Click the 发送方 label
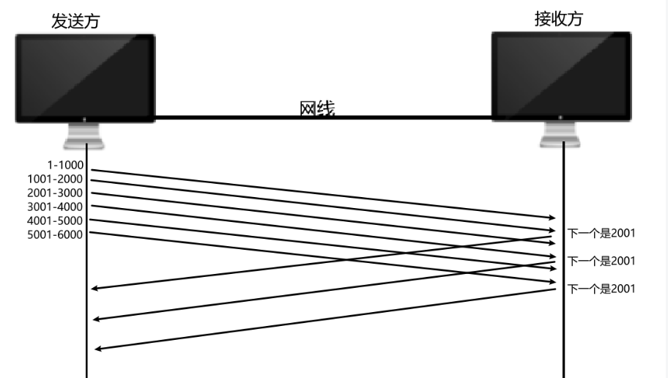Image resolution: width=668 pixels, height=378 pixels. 75,22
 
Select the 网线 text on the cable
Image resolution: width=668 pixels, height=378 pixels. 316,109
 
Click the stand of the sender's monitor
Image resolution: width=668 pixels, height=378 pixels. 84,136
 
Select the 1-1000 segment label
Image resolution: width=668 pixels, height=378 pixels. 65,166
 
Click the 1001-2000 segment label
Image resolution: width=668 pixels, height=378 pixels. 55,179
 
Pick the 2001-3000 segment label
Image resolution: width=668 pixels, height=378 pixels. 55,193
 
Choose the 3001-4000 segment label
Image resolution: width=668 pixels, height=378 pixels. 55,207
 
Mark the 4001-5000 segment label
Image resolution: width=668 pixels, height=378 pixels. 55,220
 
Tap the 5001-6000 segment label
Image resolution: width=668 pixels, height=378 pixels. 55,234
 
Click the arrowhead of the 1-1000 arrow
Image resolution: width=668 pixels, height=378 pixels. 552,218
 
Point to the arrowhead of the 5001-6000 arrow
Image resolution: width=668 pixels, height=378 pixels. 552,283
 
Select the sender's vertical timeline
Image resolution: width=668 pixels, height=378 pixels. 86,330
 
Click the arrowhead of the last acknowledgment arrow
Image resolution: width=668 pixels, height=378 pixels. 98,349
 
